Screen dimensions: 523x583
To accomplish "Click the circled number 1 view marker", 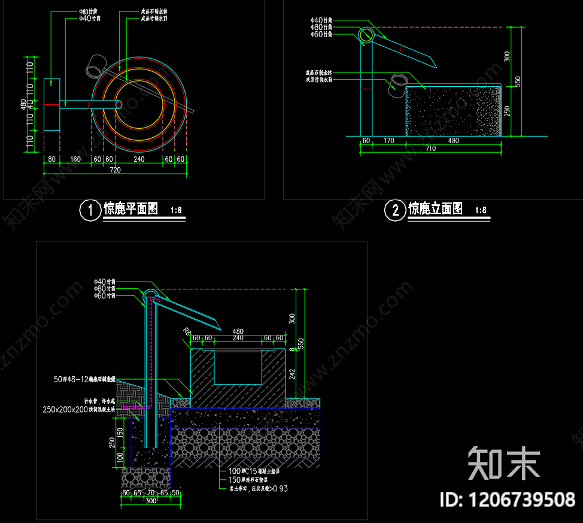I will coord(90,210).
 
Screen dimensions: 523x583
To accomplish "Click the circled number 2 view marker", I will coord(395,210).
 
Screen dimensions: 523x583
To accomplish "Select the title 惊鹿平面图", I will coord(131,208).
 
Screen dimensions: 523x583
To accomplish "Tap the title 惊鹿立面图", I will coord(435,208).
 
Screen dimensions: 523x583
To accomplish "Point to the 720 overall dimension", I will coord(115,170).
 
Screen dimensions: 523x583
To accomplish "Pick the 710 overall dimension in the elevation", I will coord(430,149).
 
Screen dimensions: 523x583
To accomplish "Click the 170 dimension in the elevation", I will coord(388,141).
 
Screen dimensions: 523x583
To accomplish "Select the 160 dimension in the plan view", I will coord(75,159).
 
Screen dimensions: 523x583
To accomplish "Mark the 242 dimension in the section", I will coord(293,374).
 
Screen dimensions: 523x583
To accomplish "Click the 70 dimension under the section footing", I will coord(151,492).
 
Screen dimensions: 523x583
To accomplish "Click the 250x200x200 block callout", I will coord(78,410).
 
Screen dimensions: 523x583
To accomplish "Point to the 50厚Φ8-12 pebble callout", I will coord(85,379).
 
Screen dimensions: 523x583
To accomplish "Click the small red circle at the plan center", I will coord(119,104).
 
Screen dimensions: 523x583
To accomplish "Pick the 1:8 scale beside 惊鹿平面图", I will coord(176,210).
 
